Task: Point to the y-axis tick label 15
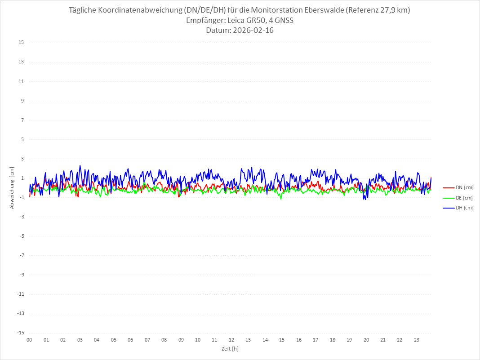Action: [x=21, y=43]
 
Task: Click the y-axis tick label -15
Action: [x=20, y=333]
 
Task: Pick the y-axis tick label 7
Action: [x=22, y=120]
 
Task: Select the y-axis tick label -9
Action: [x=21, y=275]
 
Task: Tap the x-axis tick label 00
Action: [x=29, y=340]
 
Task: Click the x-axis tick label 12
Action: [x=231, y=340]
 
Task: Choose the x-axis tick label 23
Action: [x=417, y=340]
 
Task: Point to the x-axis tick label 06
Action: [x=130, y=340]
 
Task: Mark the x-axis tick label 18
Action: [x=333, y=340]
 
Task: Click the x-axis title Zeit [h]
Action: [x=230, y=349]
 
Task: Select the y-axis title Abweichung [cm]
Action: [x=12, y=188]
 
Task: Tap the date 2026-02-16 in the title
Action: [x=252, y=31]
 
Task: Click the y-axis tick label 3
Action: [x=22, y=159]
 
